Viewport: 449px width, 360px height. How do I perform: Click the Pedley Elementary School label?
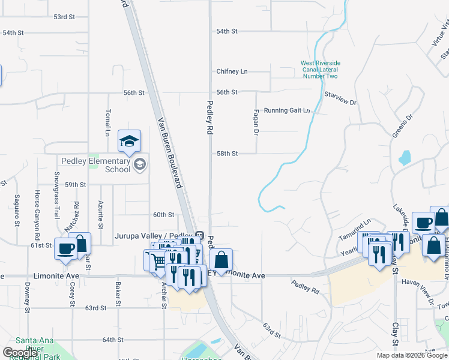pyautogui.click(x=95, y=165)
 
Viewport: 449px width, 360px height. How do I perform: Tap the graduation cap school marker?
pyautogui.click(x=129, y=142)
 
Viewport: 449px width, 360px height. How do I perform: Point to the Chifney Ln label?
pyautogui.click(x=232, y=71)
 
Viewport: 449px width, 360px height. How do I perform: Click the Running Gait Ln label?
pyautogui.click(x=287, y=110)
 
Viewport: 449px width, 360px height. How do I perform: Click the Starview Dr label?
pyautogui.click(x=340, y=98)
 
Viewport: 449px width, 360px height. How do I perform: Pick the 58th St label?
pyautogui.click(x=227, y=154)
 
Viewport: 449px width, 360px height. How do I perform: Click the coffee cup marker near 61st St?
pyautogui.click(x=65, y=248)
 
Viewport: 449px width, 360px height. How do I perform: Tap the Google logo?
pyautogui.click(x=20, y=353)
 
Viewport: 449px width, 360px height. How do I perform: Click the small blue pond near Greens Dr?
pyautogui.click(x=404, y=158)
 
